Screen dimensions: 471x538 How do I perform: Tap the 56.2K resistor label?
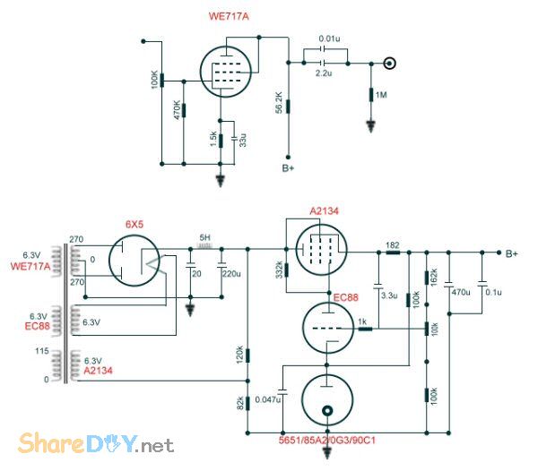(x=280, y=103)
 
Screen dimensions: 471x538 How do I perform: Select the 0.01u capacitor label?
(x=330, y=39)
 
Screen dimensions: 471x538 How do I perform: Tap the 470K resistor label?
(x=178, y=109)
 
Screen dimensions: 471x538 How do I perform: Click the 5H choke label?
(x=204, y=238)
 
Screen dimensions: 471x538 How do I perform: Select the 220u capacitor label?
(x=231, y=273)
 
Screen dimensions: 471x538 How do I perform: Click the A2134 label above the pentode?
(x=324, y=210)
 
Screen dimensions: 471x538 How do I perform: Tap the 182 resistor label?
(x=392, y=244)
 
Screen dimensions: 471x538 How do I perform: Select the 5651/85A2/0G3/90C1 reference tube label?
(x=327, y=441)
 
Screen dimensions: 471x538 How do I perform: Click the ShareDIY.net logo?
(x=93, y=442)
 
